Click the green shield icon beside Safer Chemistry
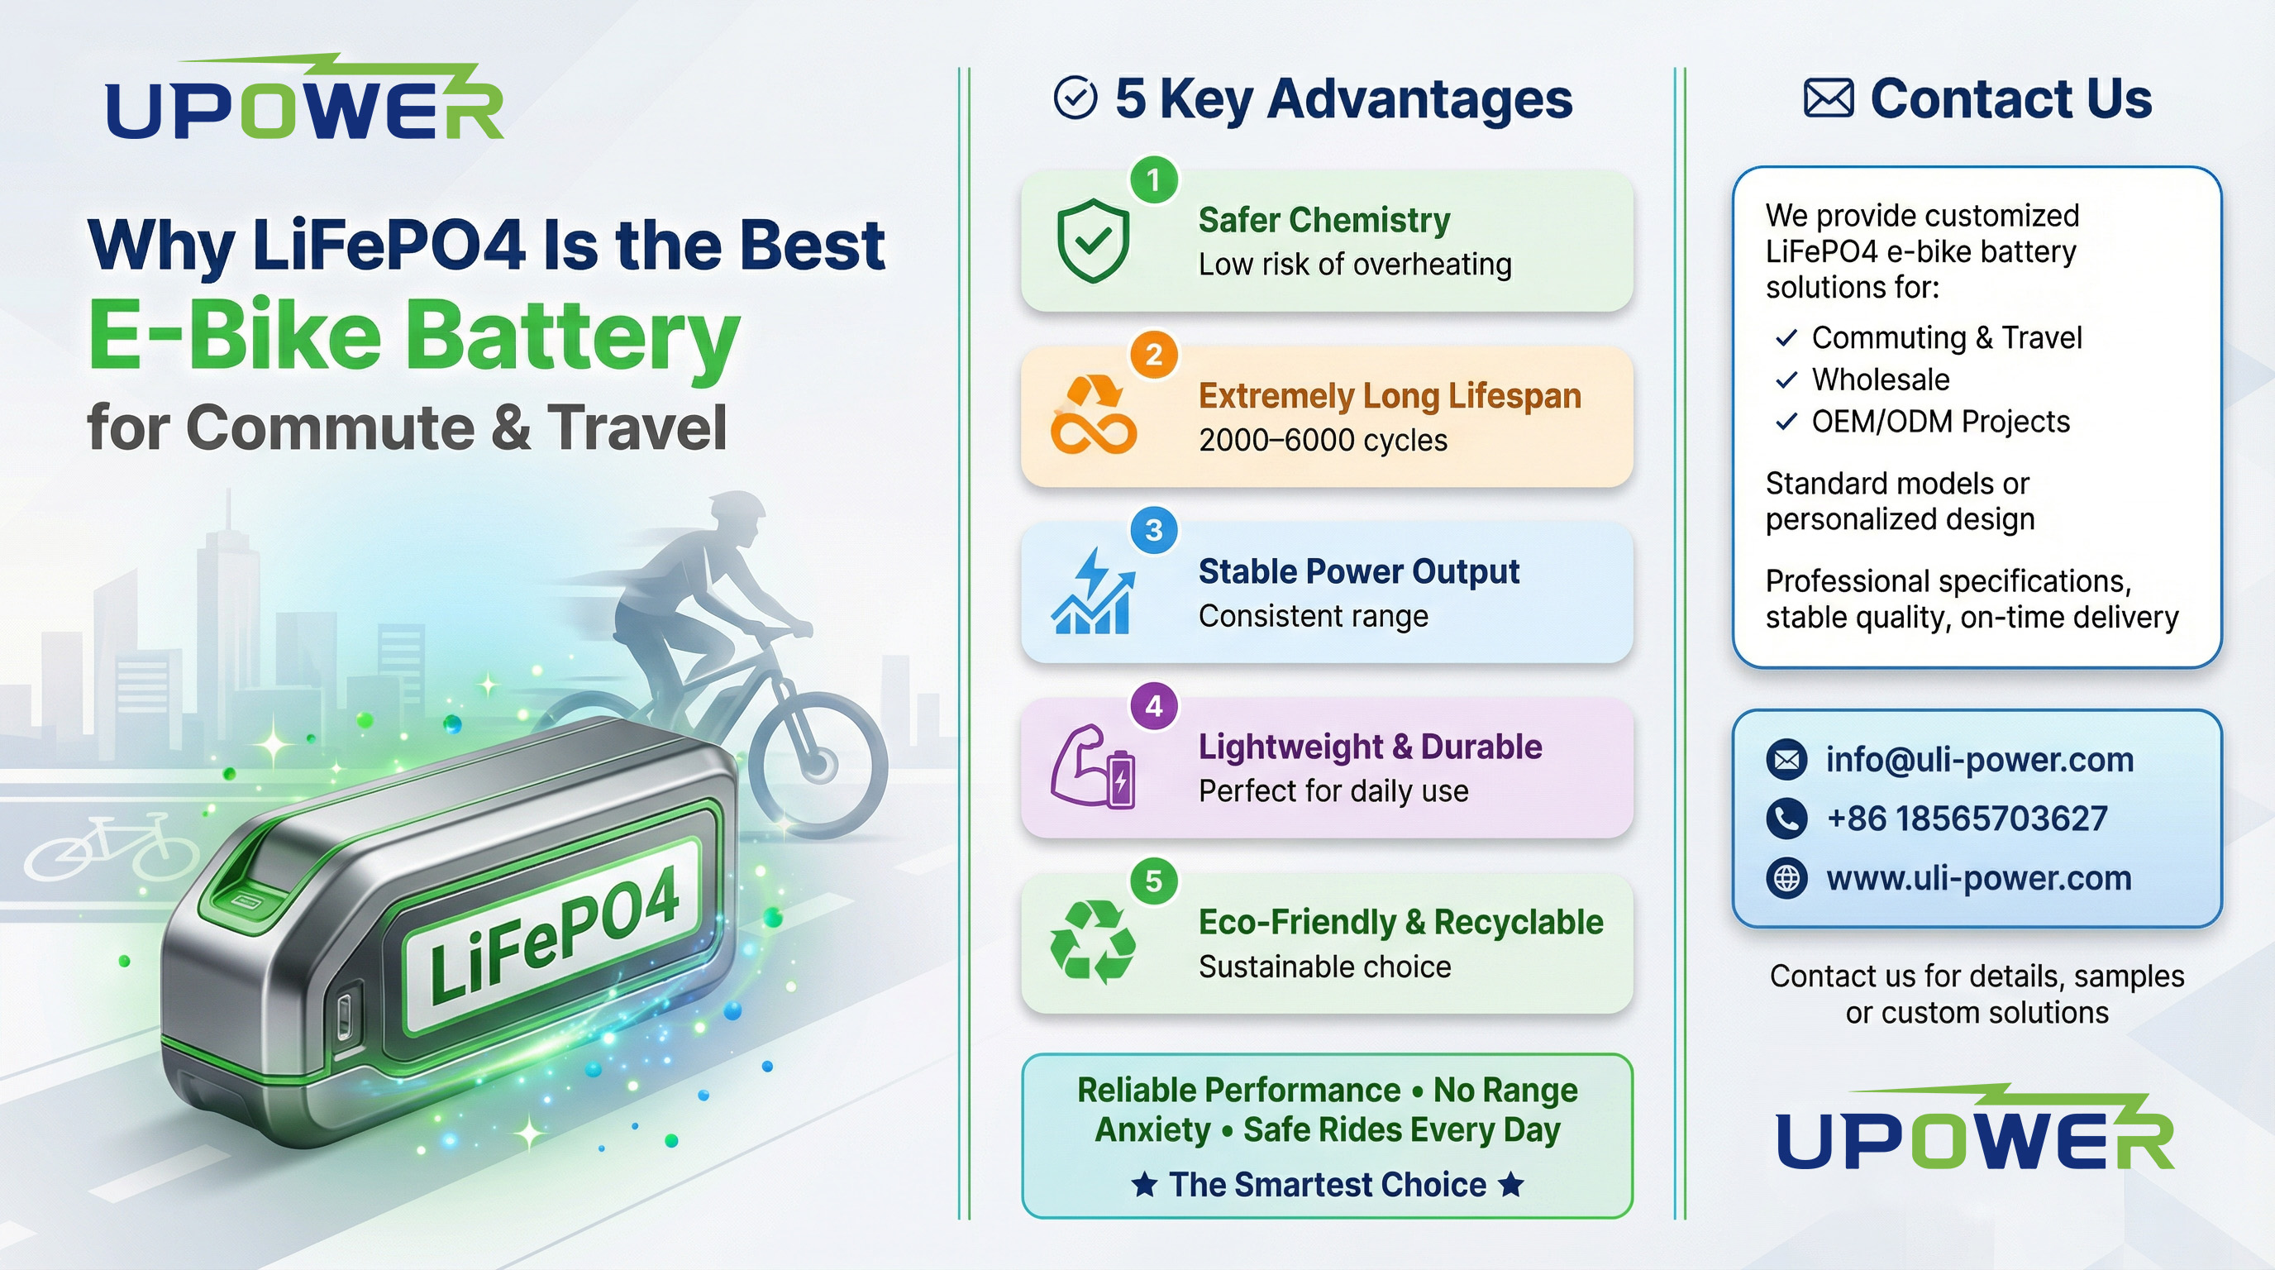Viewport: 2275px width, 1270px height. coord(1093,241)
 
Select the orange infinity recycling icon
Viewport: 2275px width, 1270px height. coord(1094,414)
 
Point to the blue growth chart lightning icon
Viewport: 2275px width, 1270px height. coord(1093,590)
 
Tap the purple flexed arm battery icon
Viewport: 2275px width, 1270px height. coord(1093,766)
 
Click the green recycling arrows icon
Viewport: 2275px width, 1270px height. coord(1093,942)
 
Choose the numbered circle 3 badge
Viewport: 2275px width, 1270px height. coord(1153,530)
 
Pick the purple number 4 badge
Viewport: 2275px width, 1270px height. coord(1153,705)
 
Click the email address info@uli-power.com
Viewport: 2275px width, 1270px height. coord(1980,760)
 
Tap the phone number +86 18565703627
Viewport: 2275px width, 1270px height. coord(1967,819)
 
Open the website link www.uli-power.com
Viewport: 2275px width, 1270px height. coord(1978,878)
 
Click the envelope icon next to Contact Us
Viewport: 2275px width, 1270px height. coord(1828,98)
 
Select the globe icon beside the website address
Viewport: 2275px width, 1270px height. coord(1786,879)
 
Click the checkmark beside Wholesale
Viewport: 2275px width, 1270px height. coord(1786,380)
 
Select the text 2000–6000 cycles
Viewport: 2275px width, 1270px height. coord(1323,440)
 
